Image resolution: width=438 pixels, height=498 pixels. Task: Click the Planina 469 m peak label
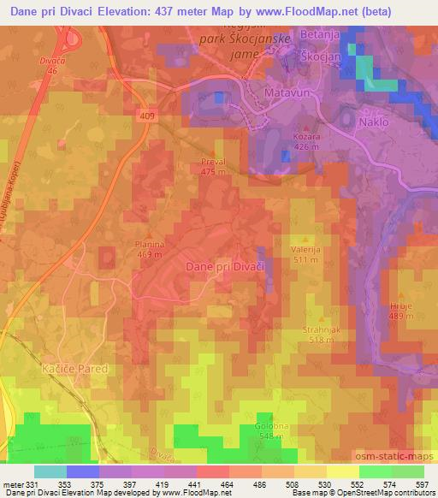pos(150,248)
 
